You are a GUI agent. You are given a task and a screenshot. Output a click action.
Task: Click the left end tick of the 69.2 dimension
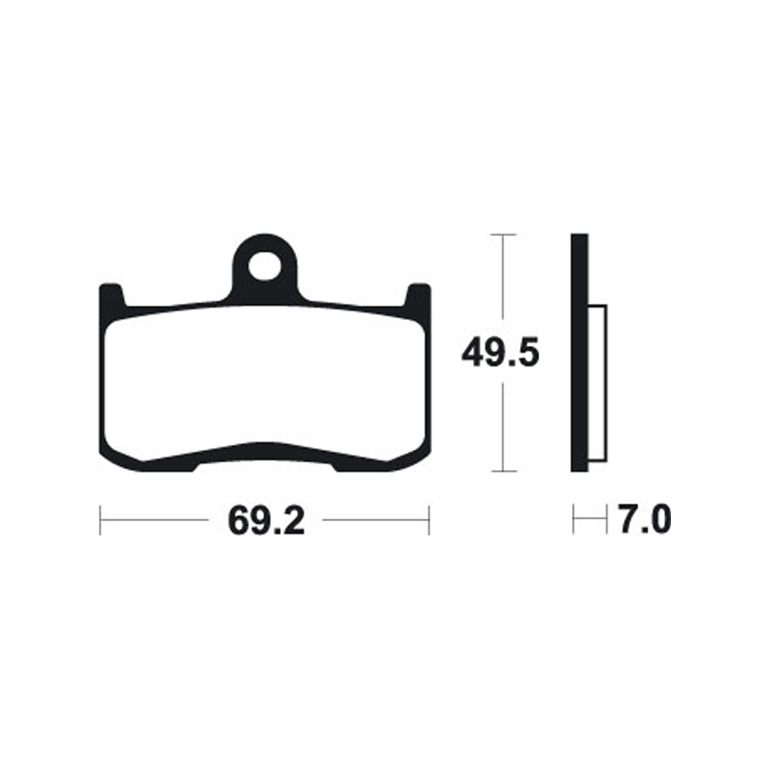coord(101,521)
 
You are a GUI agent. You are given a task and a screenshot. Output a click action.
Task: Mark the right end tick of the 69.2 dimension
coord(429,521)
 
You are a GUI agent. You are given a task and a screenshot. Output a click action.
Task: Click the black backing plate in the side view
coord(578,353)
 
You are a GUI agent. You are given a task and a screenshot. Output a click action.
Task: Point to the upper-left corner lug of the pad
coord(112,294)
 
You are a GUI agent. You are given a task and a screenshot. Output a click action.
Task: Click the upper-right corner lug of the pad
coord(418,294)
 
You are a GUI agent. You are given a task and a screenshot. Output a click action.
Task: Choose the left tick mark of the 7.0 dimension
coord(573,521)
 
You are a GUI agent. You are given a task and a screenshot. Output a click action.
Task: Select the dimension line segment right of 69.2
coord(375,521)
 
